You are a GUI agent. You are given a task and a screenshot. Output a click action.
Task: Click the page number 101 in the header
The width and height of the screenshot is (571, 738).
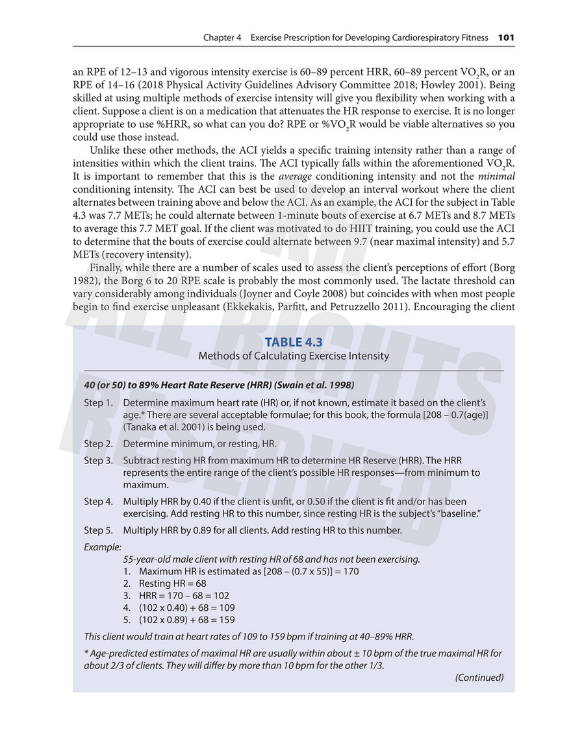506,38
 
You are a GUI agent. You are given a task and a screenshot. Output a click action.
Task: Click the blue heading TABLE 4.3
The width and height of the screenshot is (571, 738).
294,342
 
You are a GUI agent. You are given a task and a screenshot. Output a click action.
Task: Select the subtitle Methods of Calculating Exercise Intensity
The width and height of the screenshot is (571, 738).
294,356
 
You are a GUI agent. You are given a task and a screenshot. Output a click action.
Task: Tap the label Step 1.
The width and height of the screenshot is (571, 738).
98,403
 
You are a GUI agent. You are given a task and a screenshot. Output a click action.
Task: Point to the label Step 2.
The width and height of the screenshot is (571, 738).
98,444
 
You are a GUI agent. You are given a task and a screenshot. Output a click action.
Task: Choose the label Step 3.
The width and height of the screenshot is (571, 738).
98,460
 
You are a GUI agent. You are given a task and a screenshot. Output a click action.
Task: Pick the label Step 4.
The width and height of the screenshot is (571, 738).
98,502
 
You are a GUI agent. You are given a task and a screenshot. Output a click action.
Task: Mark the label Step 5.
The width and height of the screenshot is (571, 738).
98,529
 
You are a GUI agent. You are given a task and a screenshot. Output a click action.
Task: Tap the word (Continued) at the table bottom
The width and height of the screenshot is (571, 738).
479,678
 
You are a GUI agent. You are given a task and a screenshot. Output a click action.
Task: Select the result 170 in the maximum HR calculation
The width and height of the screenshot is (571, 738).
349,571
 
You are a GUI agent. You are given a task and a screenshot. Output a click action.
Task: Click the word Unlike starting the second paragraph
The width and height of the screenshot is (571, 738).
107,153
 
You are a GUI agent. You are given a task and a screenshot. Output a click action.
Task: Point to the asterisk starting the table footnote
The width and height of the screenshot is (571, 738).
86,654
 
